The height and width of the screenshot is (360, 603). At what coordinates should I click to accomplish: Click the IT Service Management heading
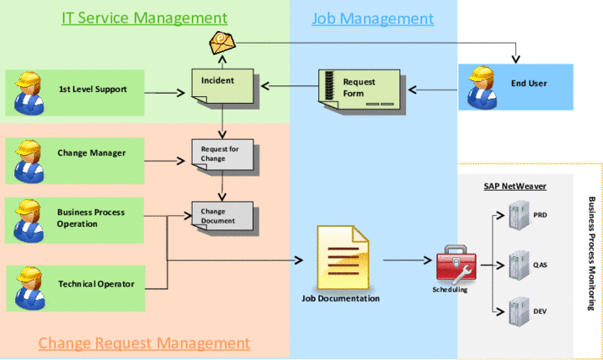[145, 18]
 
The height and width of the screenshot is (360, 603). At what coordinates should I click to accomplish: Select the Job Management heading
[373, 18]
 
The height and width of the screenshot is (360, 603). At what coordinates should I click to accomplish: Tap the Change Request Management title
[144, 342]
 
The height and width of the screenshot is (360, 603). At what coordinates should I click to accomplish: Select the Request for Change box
[221, 153]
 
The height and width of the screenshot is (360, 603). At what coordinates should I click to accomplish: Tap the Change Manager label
[91, 152]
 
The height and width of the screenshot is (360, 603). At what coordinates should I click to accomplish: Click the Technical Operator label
[96, 284]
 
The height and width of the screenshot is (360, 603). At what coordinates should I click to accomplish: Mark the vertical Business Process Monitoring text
[591, 251]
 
